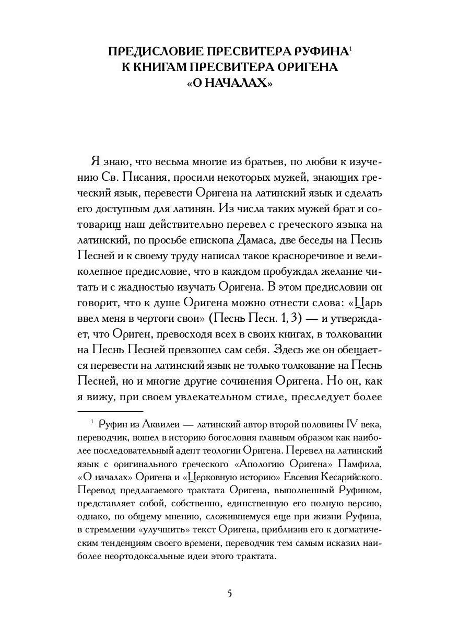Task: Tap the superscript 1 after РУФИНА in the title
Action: (x=350, y=49)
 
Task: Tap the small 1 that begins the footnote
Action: (x=91, y=421)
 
